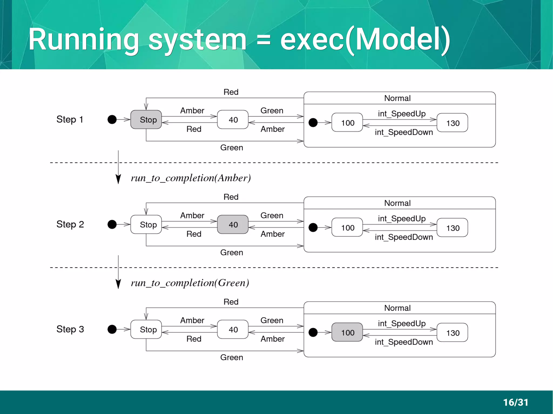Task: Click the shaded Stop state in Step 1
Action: coord(146,119)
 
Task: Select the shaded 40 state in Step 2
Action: coord(233,224)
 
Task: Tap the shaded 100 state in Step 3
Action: coord(347,332)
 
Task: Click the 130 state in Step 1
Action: coord(452,123)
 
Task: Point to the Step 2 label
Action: coord(70,224)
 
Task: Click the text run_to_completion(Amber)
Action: coord(191,178)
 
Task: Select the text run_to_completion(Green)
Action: coord(190,283)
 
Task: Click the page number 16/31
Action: coord(515,402)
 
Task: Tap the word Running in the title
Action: coord(84,40)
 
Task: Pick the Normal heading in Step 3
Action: coord(397,308)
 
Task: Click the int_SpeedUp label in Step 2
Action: coord(402,218)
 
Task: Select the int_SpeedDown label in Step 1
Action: coord(404,132)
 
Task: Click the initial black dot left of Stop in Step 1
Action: coord(112,119)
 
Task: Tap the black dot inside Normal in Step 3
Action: coord(313,332)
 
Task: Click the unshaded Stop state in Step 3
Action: coord(146,329)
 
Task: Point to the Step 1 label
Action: coord(70,119)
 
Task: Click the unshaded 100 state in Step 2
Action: coord(347,228)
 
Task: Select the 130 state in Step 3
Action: coord(452,333)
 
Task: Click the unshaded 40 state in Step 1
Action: coord(233,119)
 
